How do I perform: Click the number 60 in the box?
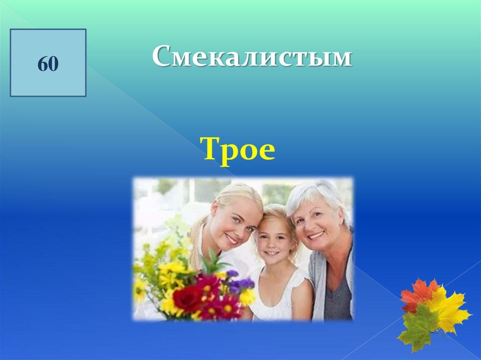pyautogui.click(x=48, y=64)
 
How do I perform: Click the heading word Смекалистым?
pyautogui.click(x=252, y=56)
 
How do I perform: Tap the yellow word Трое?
pyautogui.click(x=238, y=149)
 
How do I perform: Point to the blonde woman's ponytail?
pyautogui.click(x=196, y=242)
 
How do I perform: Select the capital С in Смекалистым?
pyautogui.click(x=163, y=56)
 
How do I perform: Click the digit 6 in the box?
pyautogui.click(x=43, y=64)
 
